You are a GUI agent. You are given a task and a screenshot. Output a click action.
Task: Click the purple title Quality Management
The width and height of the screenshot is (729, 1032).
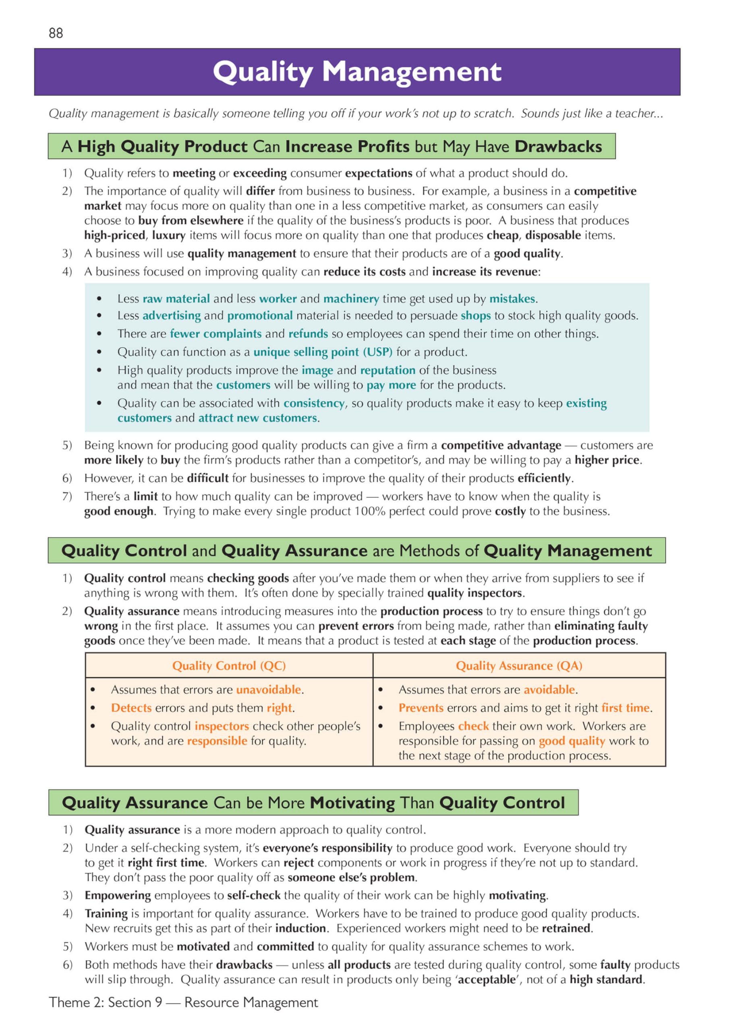(357, 72)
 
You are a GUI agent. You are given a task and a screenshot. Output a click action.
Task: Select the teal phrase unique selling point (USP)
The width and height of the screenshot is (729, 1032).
(323, 352)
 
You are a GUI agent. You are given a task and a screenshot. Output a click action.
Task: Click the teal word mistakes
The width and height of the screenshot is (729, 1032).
(512, 299)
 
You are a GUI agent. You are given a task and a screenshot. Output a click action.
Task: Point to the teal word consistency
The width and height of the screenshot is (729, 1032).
(313, 403)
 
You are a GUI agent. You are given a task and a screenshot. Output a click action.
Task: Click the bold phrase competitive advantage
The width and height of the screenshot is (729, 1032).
(501, 445)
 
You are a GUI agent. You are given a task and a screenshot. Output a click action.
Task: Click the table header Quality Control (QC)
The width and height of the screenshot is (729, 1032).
(229, 666)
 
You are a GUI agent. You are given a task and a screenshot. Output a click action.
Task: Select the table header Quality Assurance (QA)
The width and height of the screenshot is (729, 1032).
(519, 666)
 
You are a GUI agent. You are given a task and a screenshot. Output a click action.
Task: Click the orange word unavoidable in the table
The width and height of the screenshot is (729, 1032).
(269, 689)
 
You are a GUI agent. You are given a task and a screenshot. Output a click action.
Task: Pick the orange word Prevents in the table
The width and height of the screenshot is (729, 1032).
(421, 708)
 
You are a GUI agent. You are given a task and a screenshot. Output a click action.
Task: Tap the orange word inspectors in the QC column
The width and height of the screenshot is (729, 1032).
(222, 726)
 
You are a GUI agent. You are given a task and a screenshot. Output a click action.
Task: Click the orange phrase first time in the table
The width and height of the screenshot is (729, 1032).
(625, 708)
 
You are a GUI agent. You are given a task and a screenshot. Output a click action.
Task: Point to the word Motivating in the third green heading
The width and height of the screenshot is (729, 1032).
(352, 803)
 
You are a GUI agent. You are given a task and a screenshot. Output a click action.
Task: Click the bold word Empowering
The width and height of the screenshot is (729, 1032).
(118, 895)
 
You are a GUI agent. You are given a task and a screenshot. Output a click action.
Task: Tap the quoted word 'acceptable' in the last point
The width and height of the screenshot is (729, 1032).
(487, 980)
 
